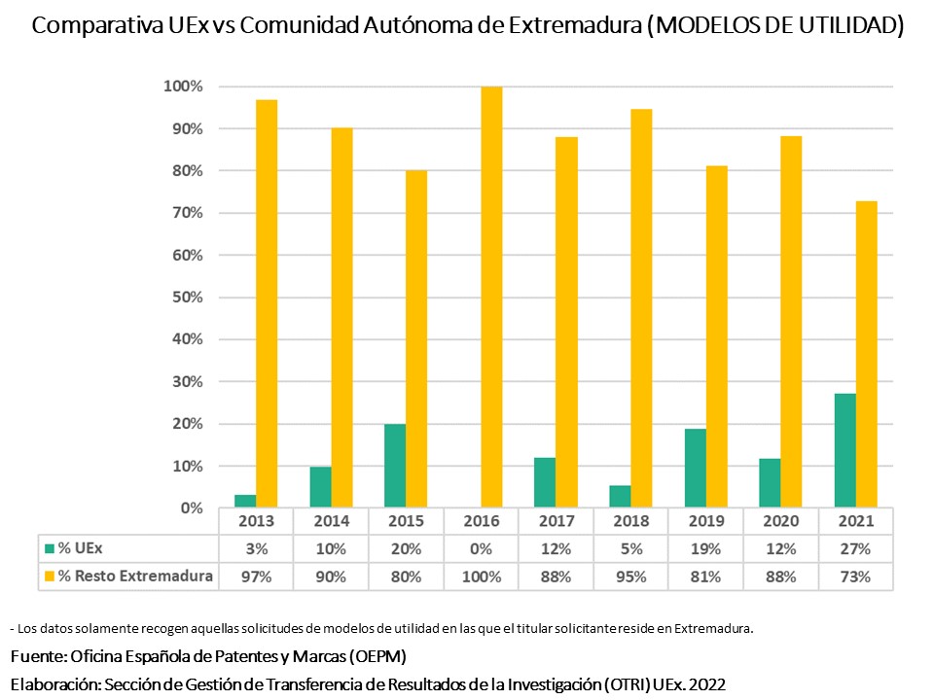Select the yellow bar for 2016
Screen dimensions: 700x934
click(x=491, y=297)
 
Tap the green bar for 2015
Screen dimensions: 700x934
click(x=395, y=466)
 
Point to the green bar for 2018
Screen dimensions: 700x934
click(x=621, y=497)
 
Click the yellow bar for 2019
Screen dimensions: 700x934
click(x=716, y=336)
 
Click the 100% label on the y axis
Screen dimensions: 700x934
click(x=183, y=87)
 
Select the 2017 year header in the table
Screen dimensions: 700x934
click(x=557, y=521)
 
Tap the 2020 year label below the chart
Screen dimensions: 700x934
click(x=781, y=521)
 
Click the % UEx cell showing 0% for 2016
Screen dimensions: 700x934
click(x=482, y=548)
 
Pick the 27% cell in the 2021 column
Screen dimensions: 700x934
click(x=856, y=548)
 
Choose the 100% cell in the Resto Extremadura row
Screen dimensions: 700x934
click(x=482, y=576)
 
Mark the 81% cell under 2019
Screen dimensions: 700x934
click(x=706, y=576)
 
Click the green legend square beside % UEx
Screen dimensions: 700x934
click(x=50, y=548)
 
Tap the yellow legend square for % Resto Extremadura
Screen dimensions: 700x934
click(x=50, y=576)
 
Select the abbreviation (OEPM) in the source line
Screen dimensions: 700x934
click(x=374, y=655)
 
